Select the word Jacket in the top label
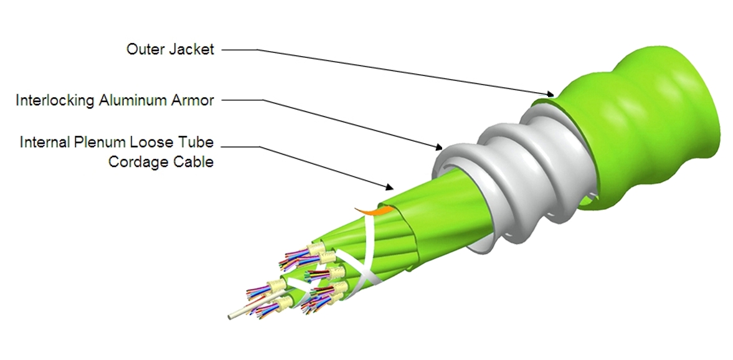pos(192,49)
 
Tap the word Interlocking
pos(55,100)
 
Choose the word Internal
pos(44,141)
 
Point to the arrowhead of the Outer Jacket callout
pos(551,95)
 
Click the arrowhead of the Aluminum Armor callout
pos(438,148)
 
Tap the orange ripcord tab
pos(372,211)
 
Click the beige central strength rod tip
pos(230,316)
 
